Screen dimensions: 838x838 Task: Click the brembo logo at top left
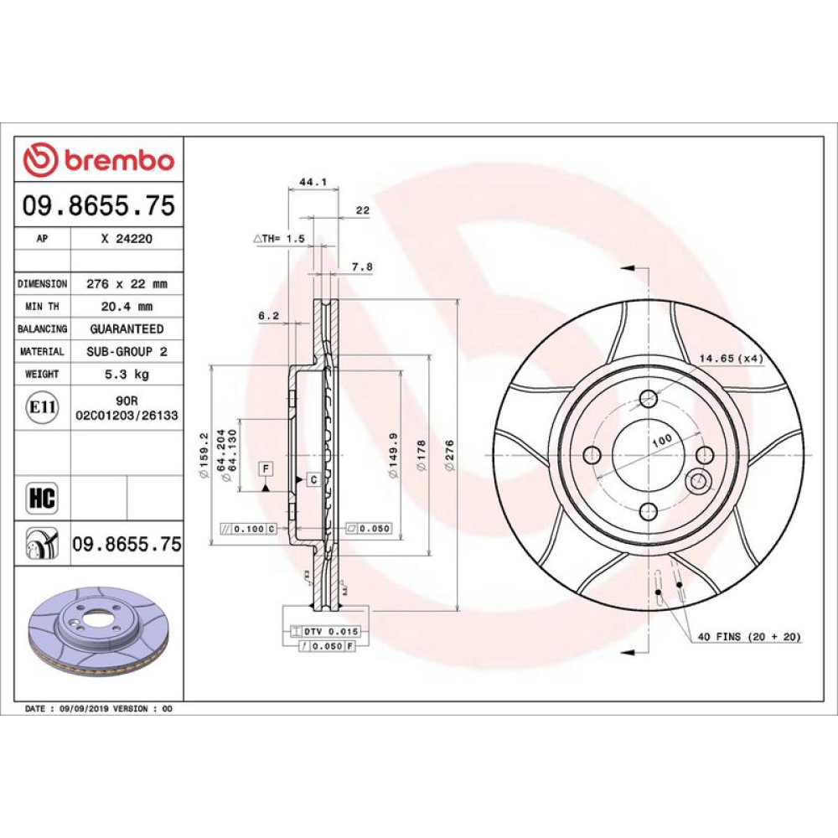pos(99,159)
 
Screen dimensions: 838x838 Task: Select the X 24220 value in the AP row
pos(127,239)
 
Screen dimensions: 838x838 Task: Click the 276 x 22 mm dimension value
pos(127,284)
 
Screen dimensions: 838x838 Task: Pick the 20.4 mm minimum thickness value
pos(127,306)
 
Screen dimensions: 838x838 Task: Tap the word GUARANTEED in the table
pos(127,328)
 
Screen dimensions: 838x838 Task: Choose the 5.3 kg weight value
pos(127,374)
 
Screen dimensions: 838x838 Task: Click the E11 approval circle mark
pos(42,407)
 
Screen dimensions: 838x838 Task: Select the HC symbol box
pos(42,498)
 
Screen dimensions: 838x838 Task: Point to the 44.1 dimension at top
pos(313,182)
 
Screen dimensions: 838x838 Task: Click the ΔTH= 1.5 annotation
pos(279,238)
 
